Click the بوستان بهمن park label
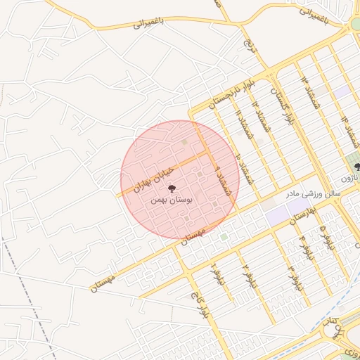click(x=171, y=200)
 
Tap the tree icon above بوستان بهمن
click(x=172, y=187)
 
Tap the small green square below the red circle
click(x=224, y=238)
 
